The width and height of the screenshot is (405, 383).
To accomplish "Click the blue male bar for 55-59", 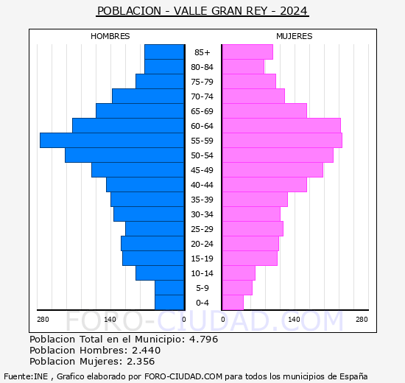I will pyautogui.click(x=112, y=141).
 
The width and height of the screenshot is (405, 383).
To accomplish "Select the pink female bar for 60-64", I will pyautogui.click(x=281, y=126).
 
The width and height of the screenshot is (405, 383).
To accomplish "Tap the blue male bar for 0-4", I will pyautogui.click(x=169, y=303).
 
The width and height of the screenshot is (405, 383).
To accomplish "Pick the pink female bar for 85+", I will pyautogui.click(x=247, y=52).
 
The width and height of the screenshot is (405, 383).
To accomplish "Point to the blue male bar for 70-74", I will pyautogui.click(x=148, y=96).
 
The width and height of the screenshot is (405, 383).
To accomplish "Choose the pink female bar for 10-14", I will pyautogui.click(x=238, y=273).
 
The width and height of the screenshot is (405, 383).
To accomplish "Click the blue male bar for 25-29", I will pyautogui.click(x=155, y=229).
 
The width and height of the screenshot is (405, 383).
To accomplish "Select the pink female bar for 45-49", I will pyautogui.click(x=272, y=170).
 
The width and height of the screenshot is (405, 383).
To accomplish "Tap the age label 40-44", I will pyautogui.click(x=202, y=185).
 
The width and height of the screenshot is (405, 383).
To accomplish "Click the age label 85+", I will pyautogui.click(x=202, y=52).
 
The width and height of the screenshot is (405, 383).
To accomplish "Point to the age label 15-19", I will pyautogui.click(x=202, y=259).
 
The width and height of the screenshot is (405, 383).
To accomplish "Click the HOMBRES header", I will pyautogui.click(x=110, y=36).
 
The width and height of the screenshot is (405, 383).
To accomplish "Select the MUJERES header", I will pyautogui.click(x=295, y=36).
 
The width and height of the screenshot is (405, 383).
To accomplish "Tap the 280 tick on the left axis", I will pyautogui.click(x=43, y=319).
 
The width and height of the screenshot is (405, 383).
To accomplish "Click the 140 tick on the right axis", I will pyautogui.click(x=294, y=319).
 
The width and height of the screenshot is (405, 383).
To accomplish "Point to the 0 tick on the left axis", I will pyautogui.click(x=183, y=319).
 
